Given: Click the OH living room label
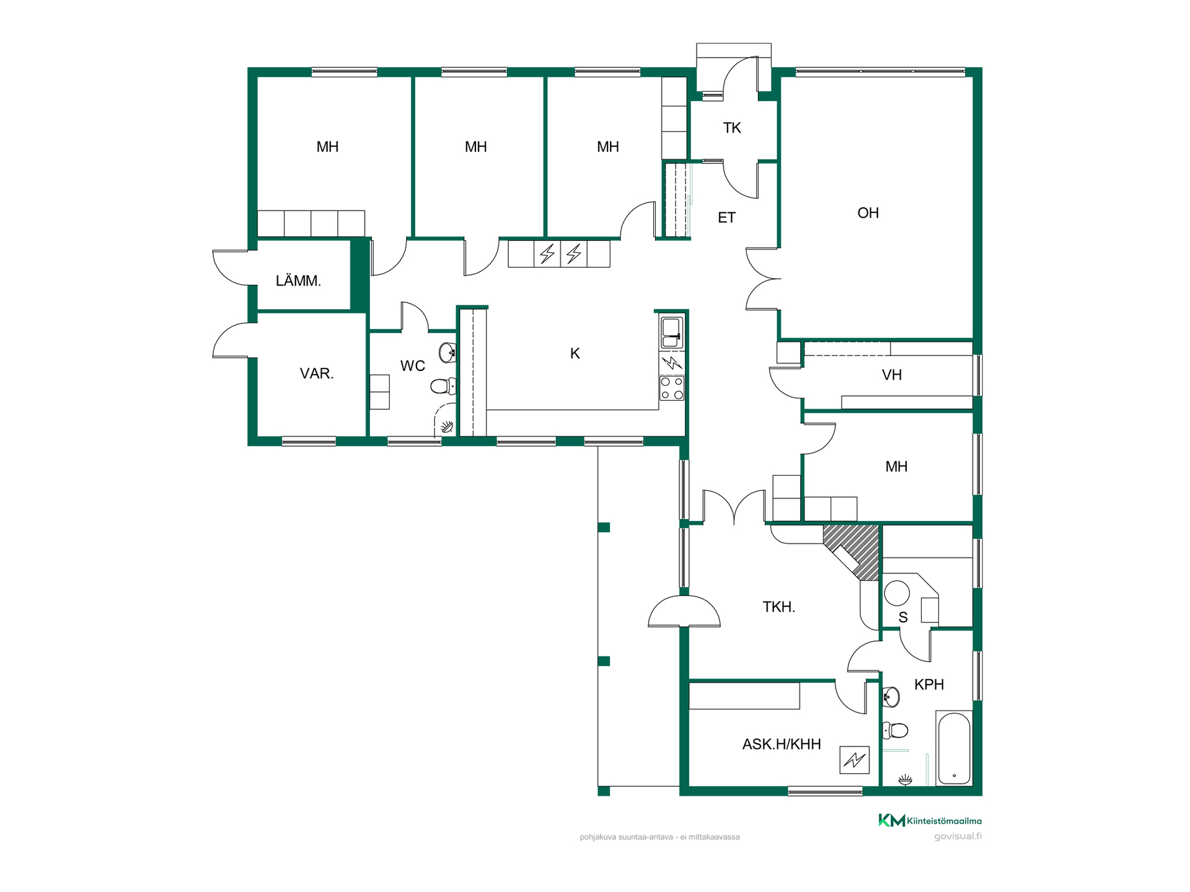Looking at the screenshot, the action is pyautogui.click(x=868, y=213).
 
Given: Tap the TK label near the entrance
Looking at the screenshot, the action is pyautogui.click(x=732, y=128).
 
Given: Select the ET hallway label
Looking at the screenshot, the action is pyautogui.click(x=726, y=217).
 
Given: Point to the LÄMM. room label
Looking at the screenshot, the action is pyautogui.click(x=298, y=281).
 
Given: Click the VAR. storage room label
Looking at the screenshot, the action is pyautogui.click(x=317, y=374).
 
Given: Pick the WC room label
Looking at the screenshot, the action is pyautogui.click(x=413, y=366).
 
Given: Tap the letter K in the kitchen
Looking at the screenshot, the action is pyautogui.click(x=575, y=354).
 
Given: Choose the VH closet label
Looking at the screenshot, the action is pyautogui.click(x=892, y=375).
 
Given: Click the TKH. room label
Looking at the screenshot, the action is pyautogui.click(x=779, y=607).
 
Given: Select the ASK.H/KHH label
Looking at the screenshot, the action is pyautogui.click(x=782, y=744).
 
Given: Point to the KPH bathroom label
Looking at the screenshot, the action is pyautogui.click(x=929, y=684).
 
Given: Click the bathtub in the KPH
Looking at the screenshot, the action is pyautogui.click(x=954, y=748).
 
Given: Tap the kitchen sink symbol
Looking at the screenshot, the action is pyautogui.click(x=672, y=333).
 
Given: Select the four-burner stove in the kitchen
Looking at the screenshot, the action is pyautogui.click(x=672, y=388).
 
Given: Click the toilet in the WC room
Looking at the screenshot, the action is pyautogui.click(x=443, y=387).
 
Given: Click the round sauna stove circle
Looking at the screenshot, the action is pyautogui.click(x=896, y=593).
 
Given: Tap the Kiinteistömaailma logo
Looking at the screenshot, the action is pyautogui.click(x=930, y=821).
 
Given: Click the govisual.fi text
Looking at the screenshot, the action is pyautogui.click(x=958, y=836).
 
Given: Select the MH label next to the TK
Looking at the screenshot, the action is pyautogui.click(x=608, y=147).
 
